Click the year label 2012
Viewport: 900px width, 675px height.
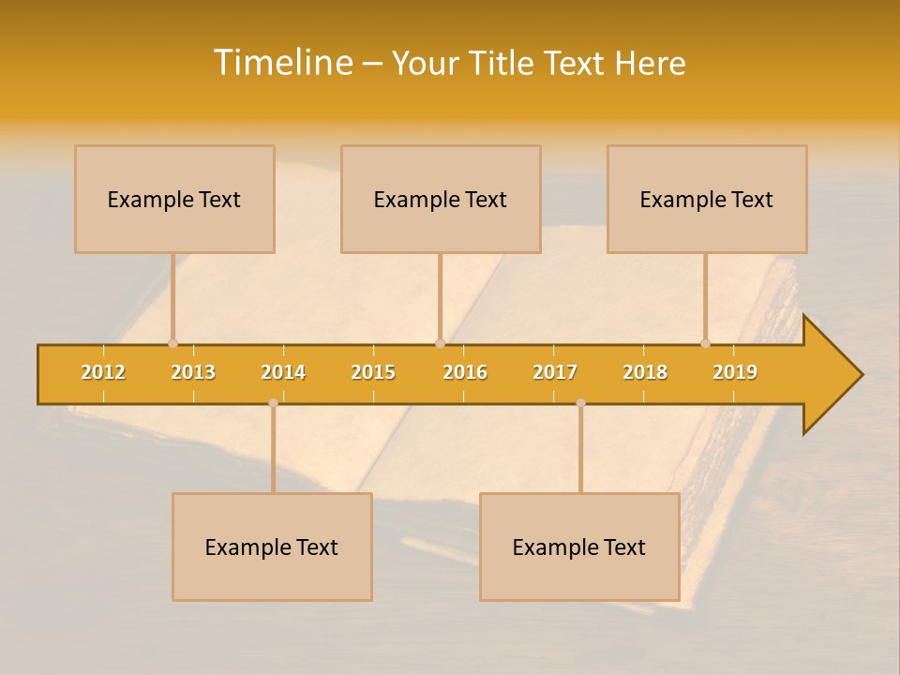(103, 372)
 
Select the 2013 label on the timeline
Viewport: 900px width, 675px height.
(193, 372)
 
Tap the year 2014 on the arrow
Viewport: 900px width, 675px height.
(283, 372)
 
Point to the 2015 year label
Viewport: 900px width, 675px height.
(373, 372)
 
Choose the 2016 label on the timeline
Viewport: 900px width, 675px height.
(465, 372)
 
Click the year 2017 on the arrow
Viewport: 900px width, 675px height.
(555, 372)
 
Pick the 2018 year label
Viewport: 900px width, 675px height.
(645, 372)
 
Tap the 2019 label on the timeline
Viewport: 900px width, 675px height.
(735, 372)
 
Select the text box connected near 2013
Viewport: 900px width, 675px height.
(174, 200)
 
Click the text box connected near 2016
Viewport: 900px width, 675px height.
(441, 200)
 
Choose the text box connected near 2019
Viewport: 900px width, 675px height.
(707, 200)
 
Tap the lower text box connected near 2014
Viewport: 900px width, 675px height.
(272, 547)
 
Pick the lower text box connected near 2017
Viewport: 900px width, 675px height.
(579, 547)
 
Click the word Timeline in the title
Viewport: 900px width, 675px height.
(282, 63)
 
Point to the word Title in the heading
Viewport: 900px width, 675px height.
(502, 64)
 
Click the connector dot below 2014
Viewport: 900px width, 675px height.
(273, 402)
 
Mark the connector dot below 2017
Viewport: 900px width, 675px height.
(580, 402)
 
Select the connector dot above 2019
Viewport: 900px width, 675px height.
(706, 343)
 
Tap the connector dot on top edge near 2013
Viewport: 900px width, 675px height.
(172, 343)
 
